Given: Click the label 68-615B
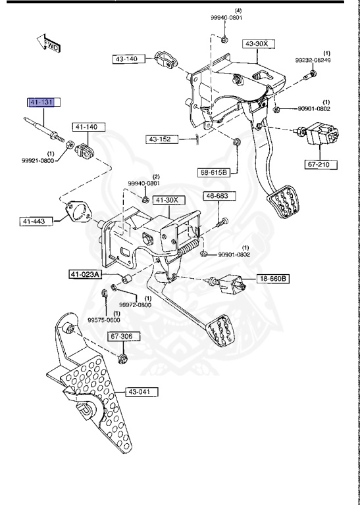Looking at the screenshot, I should (215, 172).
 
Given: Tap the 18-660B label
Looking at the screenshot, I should (272, 278).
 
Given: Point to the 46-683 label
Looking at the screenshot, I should (217, 196).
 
